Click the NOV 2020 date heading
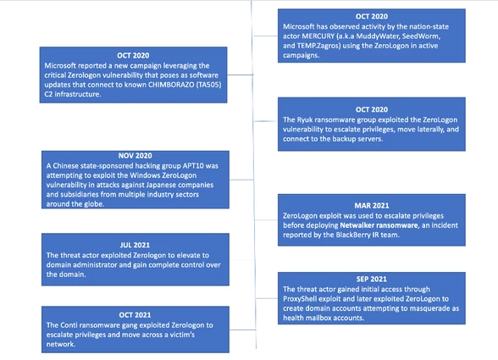135,156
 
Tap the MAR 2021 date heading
372,206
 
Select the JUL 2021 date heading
135,245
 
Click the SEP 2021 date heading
371,279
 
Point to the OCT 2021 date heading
135,315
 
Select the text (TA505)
210,85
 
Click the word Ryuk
305,119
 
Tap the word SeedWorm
421,36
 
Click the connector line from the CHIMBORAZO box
241,75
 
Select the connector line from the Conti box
242,330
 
